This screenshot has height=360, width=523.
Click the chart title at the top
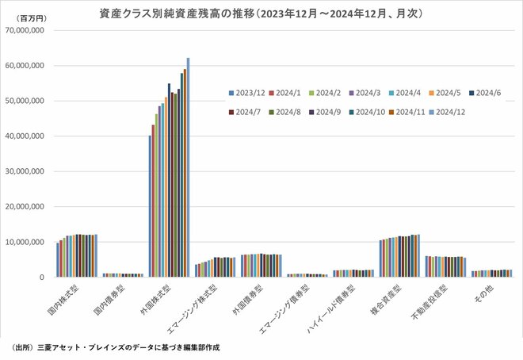pyautogui.click(x=261, y=13)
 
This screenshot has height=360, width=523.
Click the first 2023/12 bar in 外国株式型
pyautogui.click(x=150, y=206)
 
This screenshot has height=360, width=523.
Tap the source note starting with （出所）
pyautogui.click(x=111, y=347)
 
